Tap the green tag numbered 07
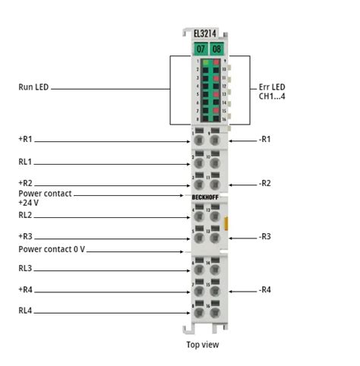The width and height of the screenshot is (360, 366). pyautogui.click(x=200, y=48)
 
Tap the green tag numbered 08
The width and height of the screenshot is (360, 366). pyautogui.click(x=216, y=48)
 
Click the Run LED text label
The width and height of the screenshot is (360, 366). pyautogui.click(x=33, y=87)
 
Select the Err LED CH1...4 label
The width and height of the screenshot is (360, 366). pyautogui.click(x=273, y=92)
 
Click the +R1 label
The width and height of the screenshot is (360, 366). pyautogui.click(x=27, y=140)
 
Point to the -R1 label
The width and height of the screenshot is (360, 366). pyautogui.click(x=265, y=140)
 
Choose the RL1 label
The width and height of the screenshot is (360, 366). pyautogui.click(x=26, y=162)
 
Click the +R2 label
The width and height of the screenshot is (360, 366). pyautogui.click(x=27, y=184)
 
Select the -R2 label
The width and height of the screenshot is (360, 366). pyautogui.click(x=265, y=184)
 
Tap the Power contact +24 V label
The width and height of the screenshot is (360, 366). pyautogui.click(x=45, y=198)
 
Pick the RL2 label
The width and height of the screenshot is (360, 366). pyautogui.click(x=26, y=216)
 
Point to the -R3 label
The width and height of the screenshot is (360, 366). pyautogui.click(x=265, y=237)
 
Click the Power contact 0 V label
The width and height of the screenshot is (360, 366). pyautogui.click(x=52, y=248)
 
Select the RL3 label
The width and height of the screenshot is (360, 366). pyautogui.click(x=26, y=269)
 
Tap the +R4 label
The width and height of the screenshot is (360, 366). pyautogui.click(x=27, y=290)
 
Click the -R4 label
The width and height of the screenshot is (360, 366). pyautogui.click(x=265, y=290)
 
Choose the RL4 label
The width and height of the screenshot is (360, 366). pyautogui.click(x=26, y=311)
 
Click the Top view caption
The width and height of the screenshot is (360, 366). pyautogui.click(x=203, y=345)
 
